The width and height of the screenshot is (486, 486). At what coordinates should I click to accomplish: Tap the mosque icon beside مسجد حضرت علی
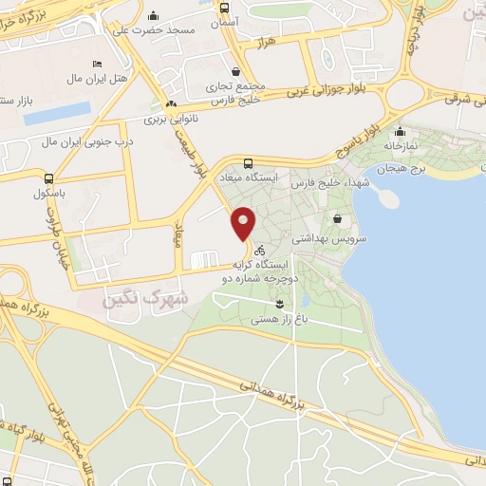(154, 15)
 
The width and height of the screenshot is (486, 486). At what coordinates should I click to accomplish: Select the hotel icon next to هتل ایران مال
(97, 64)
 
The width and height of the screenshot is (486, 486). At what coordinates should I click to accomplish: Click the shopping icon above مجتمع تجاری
(236, 71)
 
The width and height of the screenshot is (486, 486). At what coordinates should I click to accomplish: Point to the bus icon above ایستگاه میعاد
(248, 162)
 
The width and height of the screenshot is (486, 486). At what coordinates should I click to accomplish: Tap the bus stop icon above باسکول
(48, 177)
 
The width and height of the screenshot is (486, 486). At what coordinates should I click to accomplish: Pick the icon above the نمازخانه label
(400, 132)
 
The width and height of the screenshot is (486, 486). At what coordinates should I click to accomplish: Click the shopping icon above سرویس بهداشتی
(336, 219)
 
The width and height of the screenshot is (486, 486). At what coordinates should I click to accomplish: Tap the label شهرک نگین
(157, 297)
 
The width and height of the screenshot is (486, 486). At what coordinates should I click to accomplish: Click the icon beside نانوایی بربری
(172, 104)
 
